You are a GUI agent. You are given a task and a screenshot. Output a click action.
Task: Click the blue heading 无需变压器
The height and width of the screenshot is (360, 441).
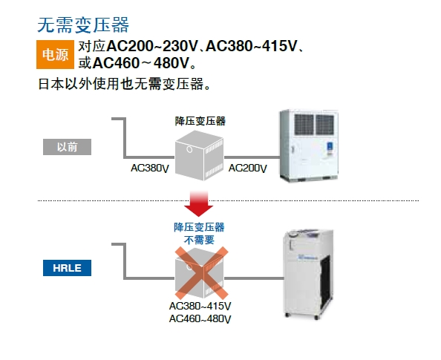[x=83, y=24]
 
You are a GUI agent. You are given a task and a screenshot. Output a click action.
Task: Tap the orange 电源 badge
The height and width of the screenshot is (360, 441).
[x=55, y=54]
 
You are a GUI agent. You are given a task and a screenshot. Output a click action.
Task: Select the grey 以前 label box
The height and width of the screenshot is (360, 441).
[x=67, y=147]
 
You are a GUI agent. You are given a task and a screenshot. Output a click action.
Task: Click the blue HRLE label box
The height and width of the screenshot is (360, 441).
[x=67, y=268]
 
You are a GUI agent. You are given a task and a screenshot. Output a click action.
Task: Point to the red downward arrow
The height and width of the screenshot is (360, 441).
[x=198, y=203]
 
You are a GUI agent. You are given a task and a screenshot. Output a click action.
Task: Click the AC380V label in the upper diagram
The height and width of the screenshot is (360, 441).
[x=150, y=168]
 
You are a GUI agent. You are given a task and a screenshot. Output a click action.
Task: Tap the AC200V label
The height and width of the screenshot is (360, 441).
[x=247, y=168]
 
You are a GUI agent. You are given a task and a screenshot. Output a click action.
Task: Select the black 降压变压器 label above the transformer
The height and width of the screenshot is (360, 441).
[x=200, y=121]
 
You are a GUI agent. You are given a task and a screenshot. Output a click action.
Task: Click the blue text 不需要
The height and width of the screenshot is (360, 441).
[x=199, y=240]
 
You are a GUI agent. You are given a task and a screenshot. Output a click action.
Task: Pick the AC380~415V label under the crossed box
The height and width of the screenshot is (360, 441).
[x=200, y=306]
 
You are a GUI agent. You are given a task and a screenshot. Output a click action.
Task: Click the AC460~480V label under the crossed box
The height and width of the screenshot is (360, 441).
[x=200, y=319]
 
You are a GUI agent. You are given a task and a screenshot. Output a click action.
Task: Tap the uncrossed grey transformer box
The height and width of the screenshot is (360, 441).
[x=199, y=156]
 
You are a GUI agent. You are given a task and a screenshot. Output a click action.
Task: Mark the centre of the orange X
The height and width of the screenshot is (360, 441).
[x=201, y=273]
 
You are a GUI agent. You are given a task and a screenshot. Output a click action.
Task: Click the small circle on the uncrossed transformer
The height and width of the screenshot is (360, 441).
[x=189, y=149]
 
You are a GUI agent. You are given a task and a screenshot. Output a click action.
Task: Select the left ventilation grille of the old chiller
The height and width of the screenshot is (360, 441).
[x=304, y=124]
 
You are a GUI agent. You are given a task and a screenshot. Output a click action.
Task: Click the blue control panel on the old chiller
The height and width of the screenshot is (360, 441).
[x=330, y=148]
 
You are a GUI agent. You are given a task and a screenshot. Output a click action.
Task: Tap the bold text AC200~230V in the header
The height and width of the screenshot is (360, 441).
[x=152, y=46]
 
